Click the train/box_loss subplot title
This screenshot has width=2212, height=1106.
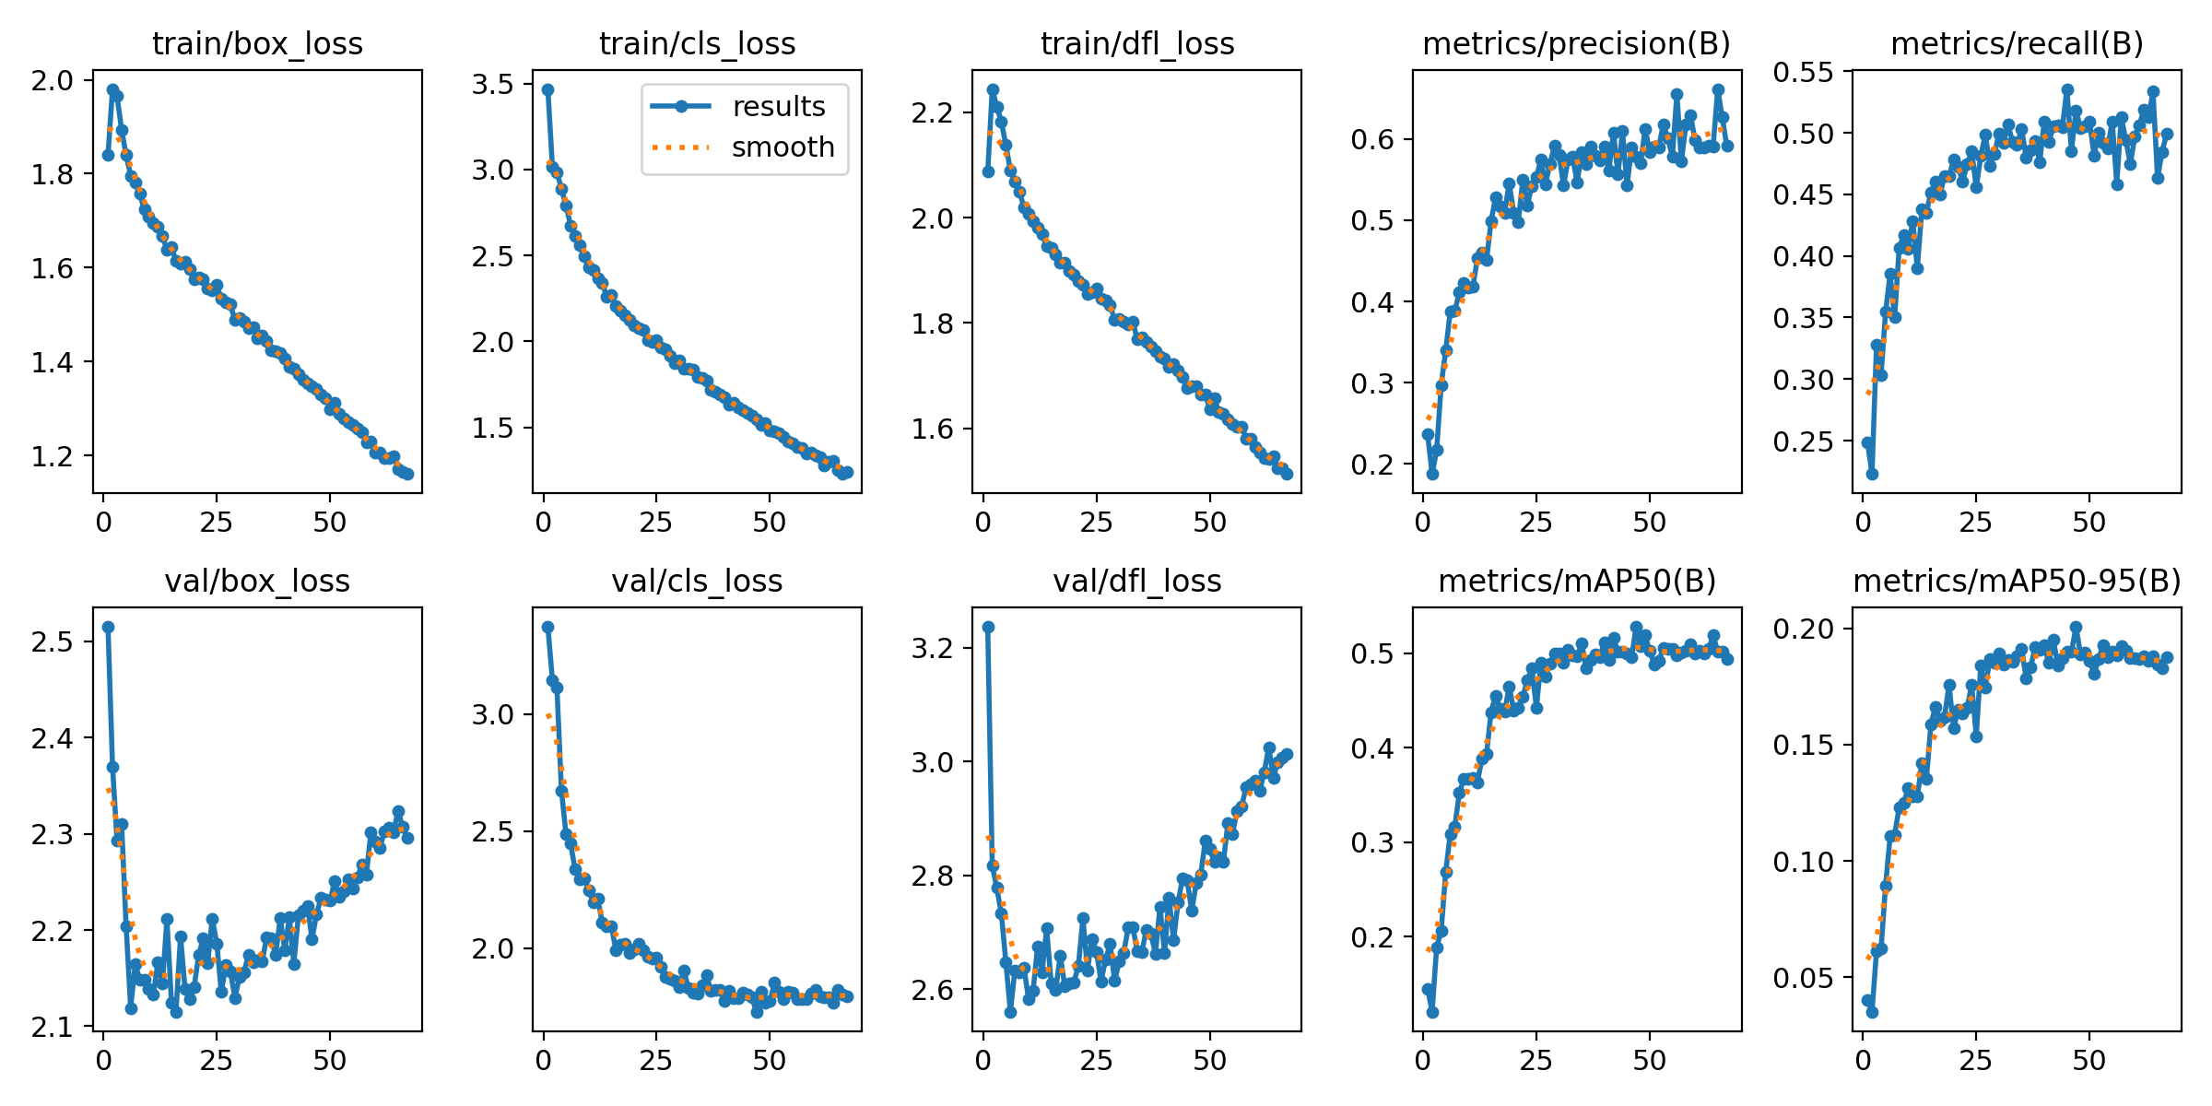(257, 43)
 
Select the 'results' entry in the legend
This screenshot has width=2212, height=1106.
(778, 107)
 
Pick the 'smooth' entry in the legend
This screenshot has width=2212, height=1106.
(782, 147)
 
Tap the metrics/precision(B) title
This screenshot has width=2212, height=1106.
(1576, 43)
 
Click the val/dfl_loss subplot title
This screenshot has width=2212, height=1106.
(1136, 581)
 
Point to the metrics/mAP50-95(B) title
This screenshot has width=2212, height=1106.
(2017, 581)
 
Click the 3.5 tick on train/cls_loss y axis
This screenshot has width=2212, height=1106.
(492, 85)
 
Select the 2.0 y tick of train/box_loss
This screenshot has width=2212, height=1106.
(52, 80)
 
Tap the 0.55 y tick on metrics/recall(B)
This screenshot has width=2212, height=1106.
(1804, 71)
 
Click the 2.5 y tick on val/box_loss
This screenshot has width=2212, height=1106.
(52, 641)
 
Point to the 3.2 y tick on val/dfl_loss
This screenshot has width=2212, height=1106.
(932, 648)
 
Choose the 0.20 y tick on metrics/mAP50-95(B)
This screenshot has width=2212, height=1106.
(1804, 629)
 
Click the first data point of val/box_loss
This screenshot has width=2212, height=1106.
(108, 627)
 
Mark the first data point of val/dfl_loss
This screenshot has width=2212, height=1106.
(988, 627)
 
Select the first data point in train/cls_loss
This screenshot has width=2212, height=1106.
(547, 89)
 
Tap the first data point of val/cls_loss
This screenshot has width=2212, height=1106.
(547, 627)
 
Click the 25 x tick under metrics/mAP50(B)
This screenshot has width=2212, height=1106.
(1535, 1060)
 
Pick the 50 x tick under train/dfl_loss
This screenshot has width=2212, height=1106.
(1209, 523)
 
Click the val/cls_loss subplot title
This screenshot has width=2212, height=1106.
(697, 581)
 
